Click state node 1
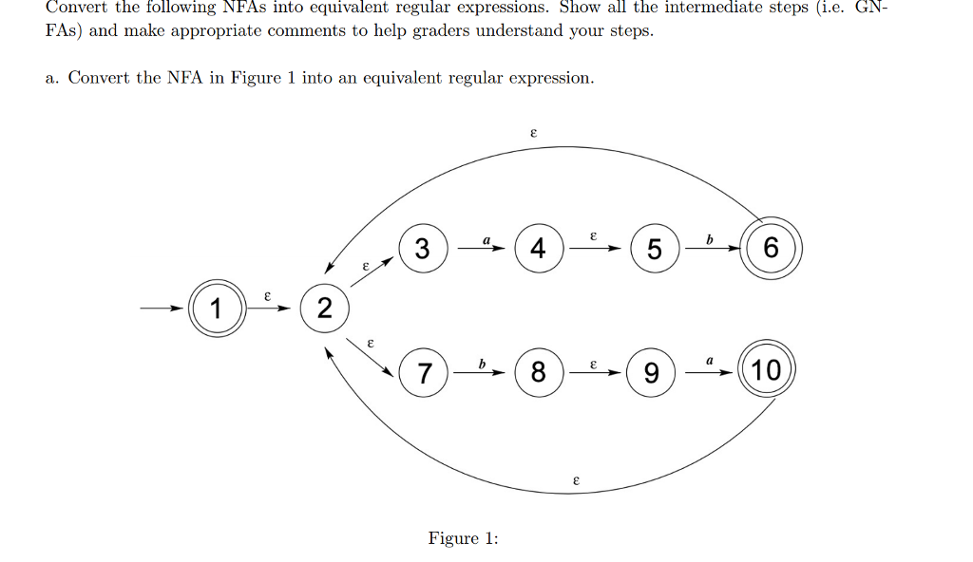point(216,309)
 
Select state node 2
point(324,309)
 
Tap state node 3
point(422,249)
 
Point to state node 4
point(538,249)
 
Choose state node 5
point(653,250)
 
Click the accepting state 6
point(770,249)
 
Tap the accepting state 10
point(766,371)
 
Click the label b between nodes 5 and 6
point(709,240)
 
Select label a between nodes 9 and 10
point(709,362)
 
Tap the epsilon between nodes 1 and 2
point(268,297)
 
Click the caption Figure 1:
point(463,538)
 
